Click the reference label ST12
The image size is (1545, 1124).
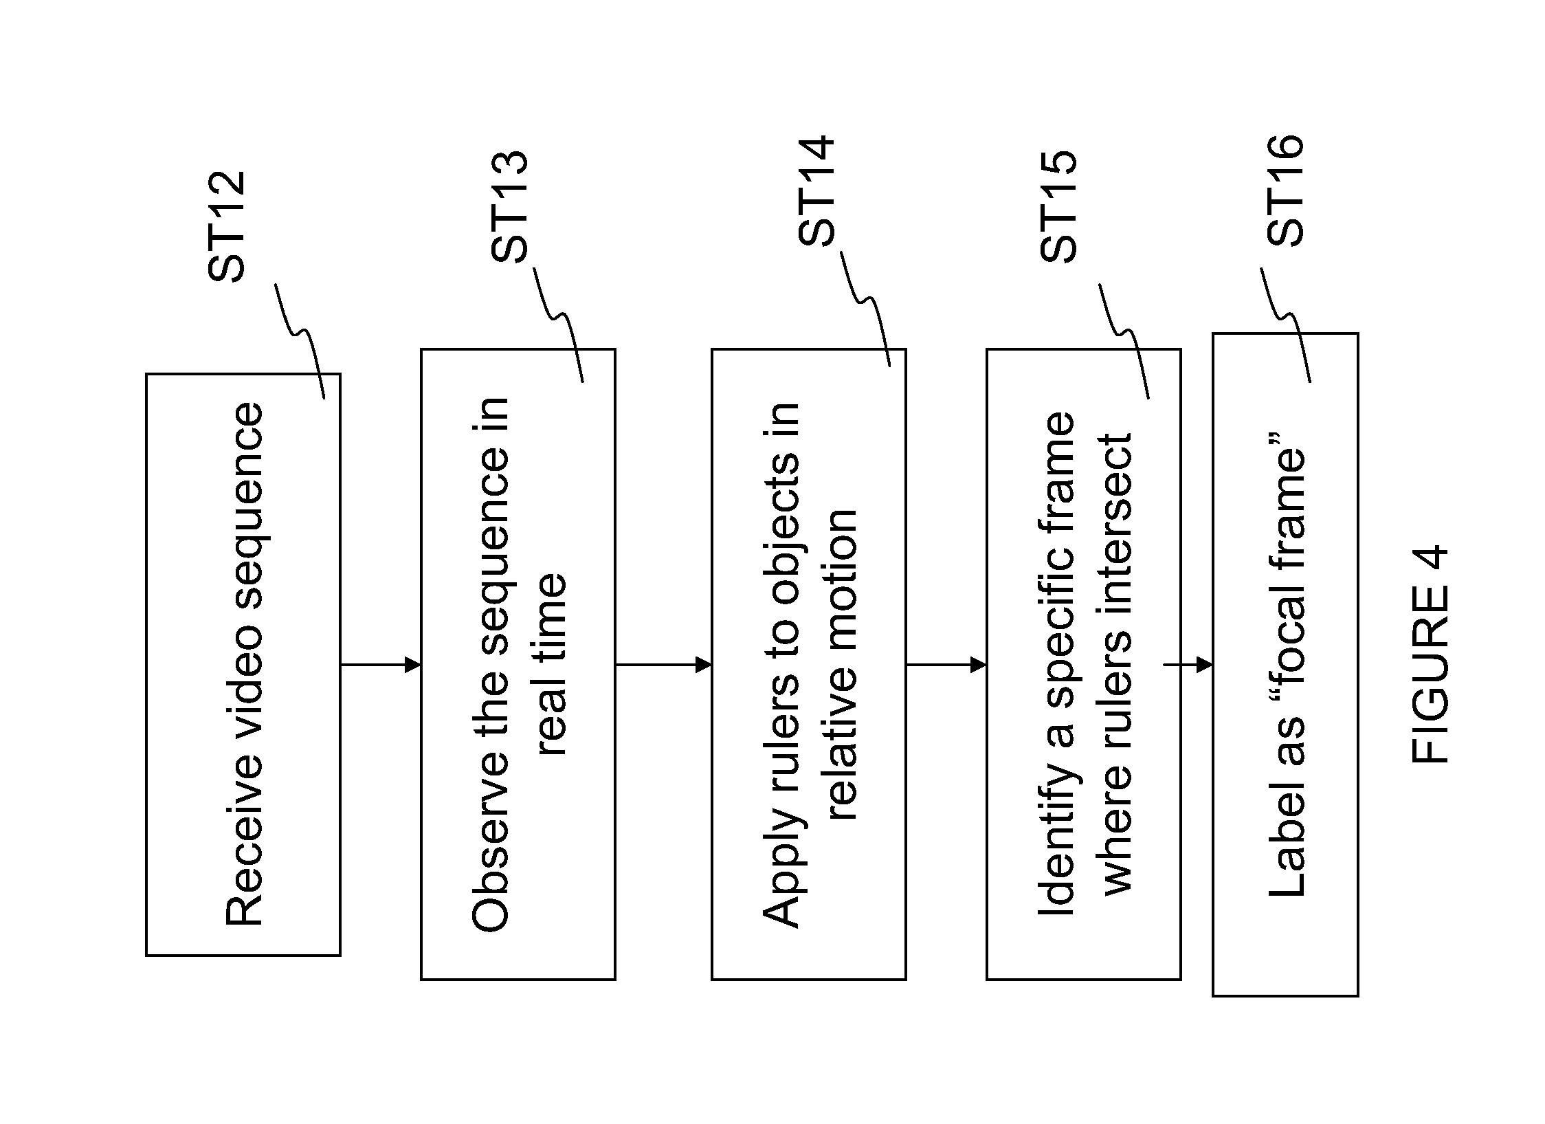(x=226, y=226)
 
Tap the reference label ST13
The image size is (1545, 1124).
(x=509, y=206)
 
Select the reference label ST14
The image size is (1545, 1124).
(x=816, y=191)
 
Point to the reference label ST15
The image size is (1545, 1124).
(x=1058, y=206)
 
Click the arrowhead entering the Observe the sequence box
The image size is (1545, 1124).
(x=412, y=665)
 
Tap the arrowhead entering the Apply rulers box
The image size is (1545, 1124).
(x=703, y=665)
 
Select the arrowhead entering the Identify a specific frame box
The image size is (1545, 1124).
(x=978, y=665)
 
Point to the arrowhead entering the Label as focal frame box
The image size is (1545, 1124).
(x=1204, y=665)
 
